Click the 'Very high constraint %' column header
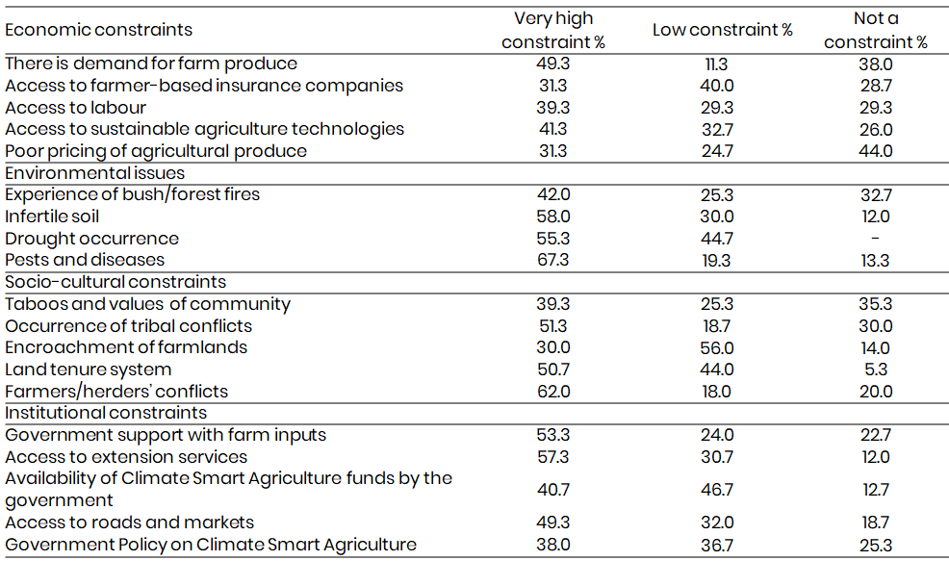553,30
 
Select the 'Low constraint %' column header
722,30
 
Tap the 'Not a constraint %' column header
875,30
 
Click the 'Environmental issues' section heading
94,173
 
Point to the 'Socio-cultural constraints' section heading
115,282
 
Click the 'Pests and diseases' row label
85,260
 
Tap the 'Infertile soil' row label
52,217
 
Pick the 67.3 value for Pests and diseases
553,260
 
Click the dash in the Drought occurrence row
876,238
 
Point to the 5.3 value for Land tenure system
876,370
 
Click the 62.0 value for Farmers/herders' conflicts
553,392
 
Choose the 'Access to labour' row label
75,107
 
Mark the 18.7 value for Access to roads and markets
876,523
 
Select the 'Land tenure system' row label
89,370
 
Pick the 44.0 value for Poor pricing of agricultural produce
876,151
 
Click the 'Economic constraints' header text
98,30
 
